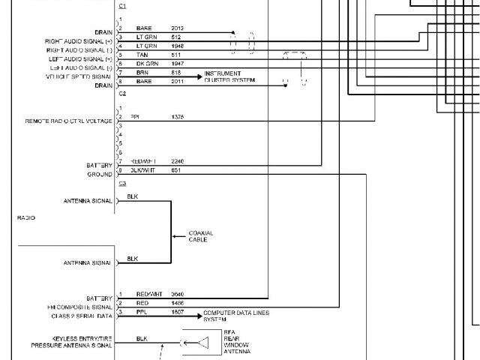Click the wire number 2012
coord(177,28)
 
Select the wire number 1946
coord(177,46)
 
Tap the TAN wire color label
coord(141,55)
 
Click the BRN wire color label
coord(142,72)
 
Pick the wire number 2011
coord(177,81)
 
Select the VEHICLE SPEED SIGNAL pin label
coord(79,76)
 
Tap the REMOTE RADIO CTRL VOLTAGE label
coord(68,120)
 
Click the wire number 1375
coord(177,117)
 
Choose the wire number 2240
coord(178,161)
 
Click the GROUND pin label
coord(100,174)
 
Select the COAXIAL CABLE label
coord(201,236)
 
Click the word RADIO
coord(26,217)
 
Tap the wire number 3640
coord(178,294)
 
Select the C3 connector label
coord(122,183)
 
